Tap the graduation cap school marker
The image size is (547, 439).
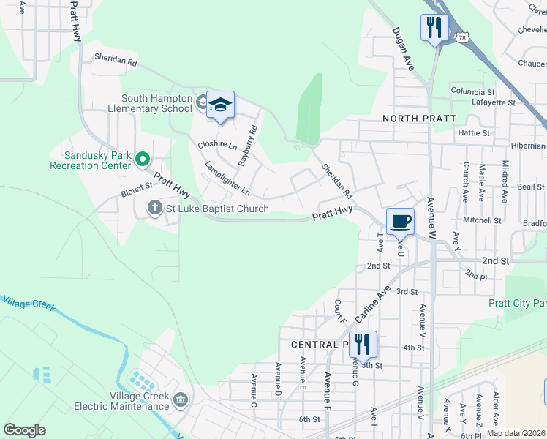[220, 106]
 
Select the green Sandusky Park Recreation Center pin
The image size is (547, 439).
[144, 159]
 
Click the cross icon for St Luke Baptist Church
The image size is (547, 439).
[154, 209]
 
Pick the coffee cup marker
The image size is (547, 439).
[400, 222]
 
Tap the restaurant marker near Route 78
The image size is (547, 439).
[435, 29]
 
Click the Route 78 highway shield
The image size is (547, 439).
[461, 37]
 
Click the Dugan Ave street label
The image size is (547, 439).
[403, 49]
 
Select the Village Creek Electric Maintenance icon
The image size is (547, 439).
[181, 400]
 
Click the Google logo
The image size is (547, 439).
[24, 429]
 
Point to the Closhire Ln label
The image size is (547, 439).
[218, 145]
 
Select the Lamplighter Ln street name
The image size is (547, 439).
[227, 178]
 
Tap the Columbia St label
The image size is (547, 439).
[473, 91]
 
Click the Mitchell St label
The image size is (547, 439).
[483, 219]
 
